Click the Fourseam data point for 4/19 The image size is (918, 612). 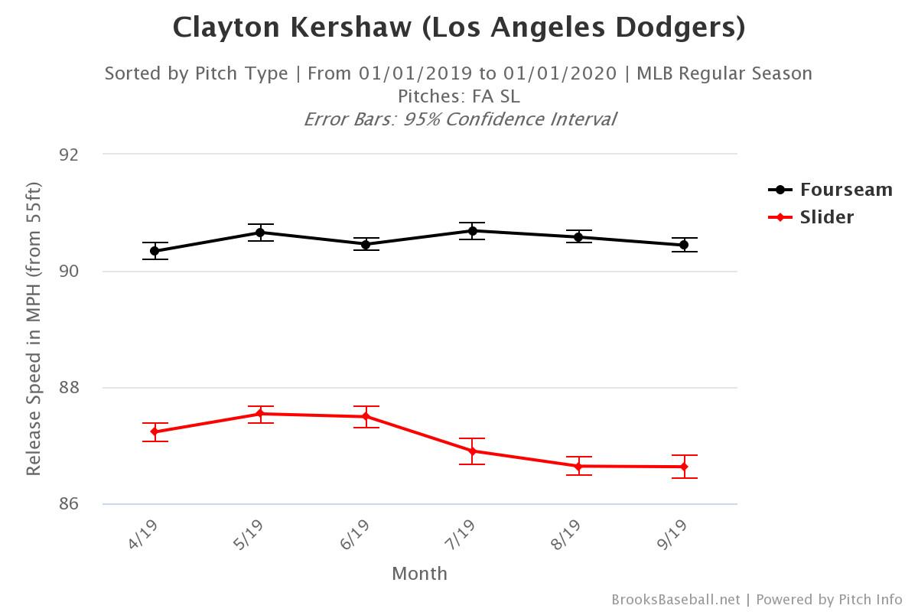(155, 251)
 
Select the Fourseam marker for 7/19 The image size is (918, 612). (472, 231)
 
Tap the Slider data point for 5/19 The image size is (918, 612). (260, 414)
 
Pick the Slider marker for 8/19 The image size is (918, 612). (578, 466)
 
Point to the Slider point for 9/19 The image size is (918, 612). (684, 467)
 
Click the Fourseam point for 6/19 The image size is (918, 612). (366, 245)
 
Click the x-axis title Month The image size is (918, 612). (419, 573)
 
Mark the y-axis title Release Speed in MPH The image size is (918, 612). (34, 329)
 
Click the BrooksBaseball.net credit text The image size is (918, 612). (675, 600)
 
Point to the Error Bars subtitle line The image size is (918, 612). (459, 119)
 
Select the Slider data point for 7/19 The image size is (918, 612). (472, 451)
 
